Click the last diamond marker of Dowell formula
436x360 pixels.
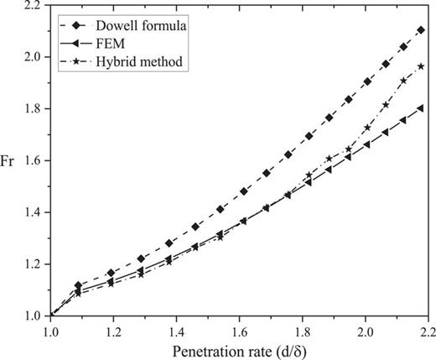421,30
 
